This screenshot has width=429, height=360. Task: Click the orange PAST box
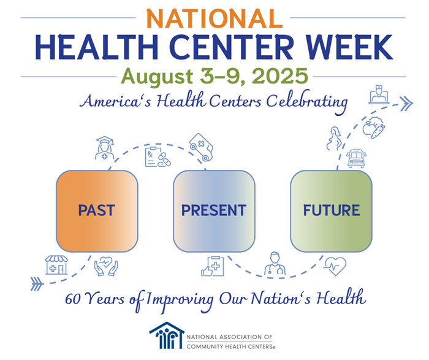(x=97, y=210)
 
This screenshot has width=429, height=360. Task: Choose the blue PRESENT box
(x=213, y=210)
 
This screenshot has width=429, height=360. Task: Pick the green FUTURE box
(x=331, y=210)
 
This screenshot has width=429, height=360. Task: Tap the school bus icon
(x=356, y=159)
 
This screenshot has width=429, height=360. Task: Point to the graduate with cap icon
(x=105, y=148)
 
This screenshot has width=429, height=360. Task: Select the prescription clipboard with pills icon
(x=156, y=157)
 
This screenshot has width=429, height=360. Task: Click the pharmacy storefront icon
(x=56, y=264)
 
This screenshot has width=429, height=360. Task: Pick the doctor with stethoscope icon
(x=274, y=264)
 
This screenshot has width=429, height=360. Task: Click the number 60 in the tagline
(x=73, y=300)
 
